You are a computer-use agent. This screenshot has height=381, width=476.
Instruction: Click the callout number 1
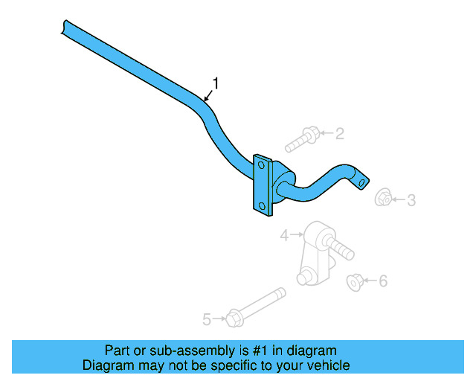pos(216,83)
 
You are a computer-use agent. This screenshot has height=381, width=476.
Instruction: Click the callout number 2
pos(339,134)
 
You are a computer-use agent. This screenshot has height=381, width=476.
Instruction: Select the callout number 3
pos(411,199)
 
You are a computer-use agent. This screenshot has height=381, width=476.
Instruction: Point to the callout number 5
pos(207,319)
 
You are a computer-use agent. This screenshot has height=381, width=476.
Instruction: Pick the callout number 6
pos(383,281)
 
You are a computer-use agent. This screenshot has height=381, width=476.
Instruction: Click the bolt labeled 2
pos(303,138)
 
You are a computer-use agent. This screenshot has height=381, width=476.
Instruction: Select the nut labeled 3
pos(384,198)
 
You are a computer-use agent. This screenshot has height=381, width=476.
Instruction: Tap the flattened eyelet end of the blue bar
pos(361,179)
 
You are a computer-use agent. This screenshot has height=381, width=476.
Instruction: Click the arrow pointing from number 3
pos(399,199)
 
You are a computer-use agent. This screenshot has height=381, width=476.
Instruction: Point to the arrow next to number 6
pos(371,281)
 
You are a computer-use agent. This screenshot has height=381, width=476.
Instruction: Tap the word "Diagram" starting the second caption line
pos(107,365)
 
